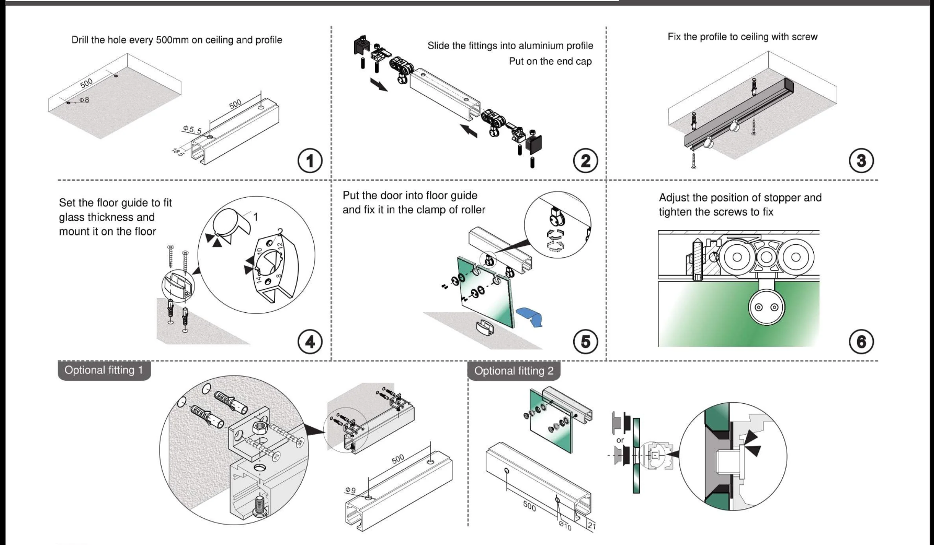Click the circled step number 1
coord(310,161)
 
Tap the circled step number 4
coord(310,342)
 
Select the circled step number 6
coord(861,342)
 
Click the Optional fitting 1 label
coord(104,370)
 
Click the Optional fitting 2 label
coord(514,371)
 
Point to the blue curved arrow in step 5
coord(529,317)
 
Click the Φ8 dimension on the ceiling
coord(84,100)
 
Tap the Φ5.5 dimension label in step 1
coord(192,129)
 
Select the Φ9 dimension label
coord(350,490)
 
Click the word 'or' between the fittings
coord(620,440)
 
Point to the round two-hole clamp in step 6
coord(765,307)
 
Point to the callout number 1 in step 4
coord(255,217)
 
